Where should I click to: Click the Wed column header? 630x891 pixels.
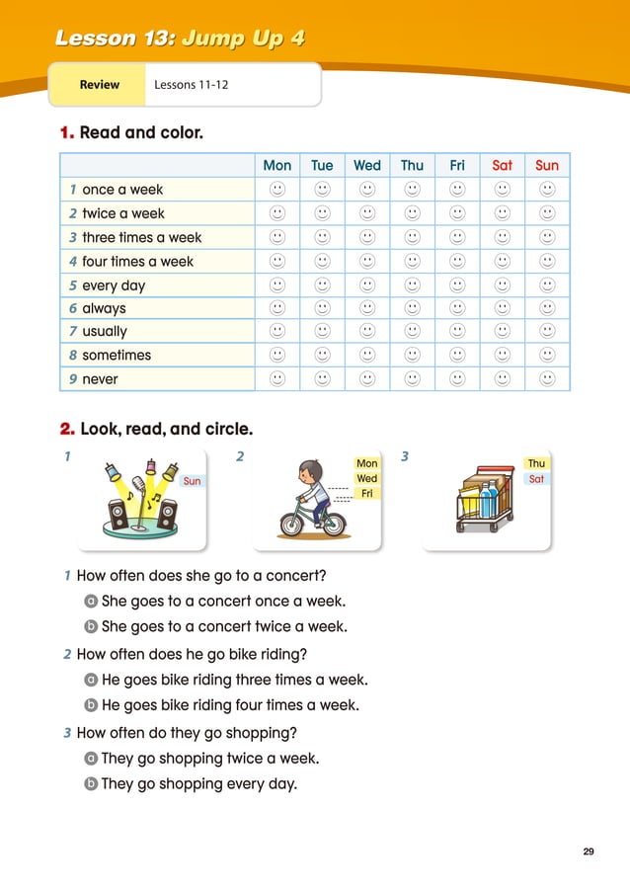click(366, 166)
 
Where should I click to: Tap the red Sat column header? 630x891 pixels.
click(502, 166)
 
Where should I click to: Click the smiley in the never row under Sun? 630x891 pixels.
click(547, 379)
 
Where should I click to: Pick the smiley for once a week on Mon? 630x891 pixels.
click(276, 189)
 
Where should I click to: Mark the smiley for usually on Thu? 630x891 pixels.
click(412, 332)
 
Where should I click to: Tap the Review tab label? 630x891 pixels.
click(99, 85)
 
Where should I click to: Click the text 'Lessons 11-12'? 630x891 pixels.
click(192, 85)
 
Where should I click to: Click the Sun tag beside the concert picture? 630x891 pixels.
click(192, 481)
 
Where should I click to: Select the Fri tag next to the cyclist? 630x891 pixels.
click(366, 493)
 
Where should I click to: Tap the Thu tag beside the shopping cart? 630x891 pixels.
click(536, 463)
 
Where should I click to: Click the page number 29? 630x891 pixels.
click(589, 851)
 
